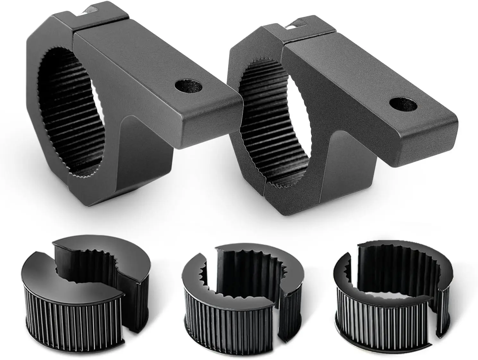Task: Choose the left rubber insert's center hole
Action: point(93,272)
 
